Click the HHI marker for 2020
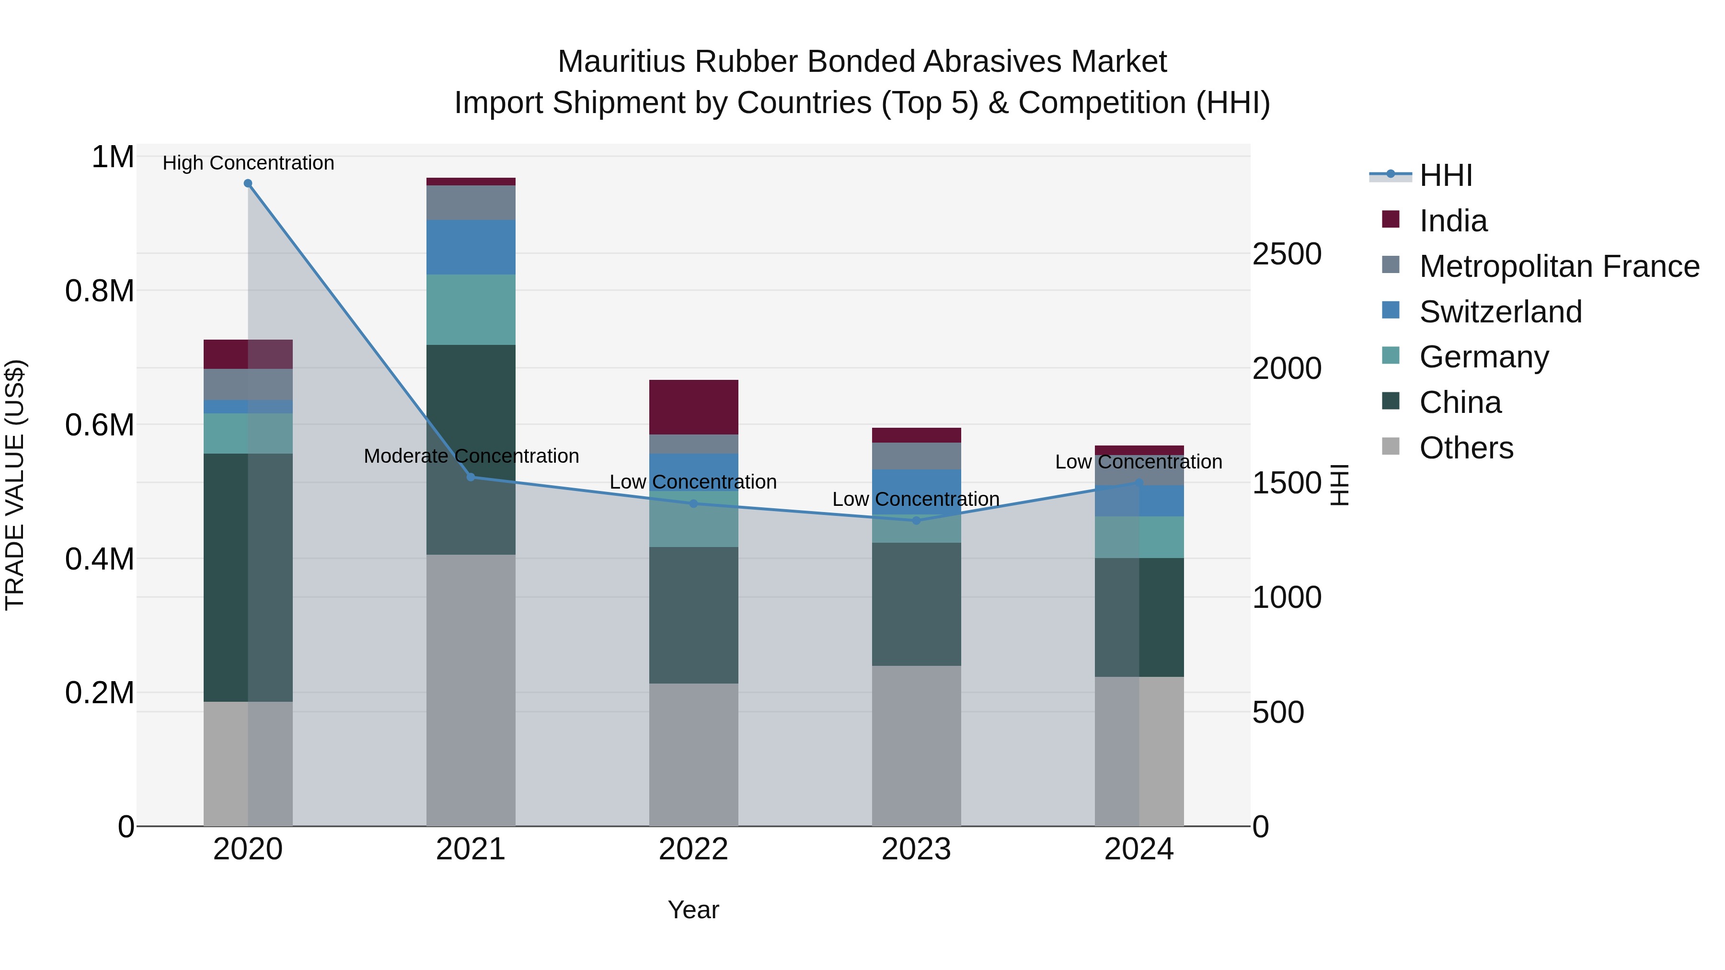pyautogui.click(x=248, y=183)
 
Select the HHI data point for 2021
pyautogui.click(x=471, y=477)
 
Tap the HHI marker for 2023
pyautogui.click(x=916, y=520)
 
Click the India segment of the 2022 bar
pyautogui.click(x=694, y=407)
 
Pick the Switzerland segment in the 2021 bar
pyautogui.click(x=471, y=247)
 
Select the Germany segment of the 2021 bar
pyautogui.click(x=471, y=309)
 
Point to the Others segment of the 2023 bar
pyautogui.click(x=916, y=745)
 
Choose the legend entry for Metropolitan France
pyautogui.click(x=1559, y=266)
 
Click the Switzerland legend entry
pyautogui.click(x=1500, y=312)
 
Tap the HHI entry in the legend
pyautogui.click(x=1445, y=175)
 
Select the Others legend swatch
pyautogui.click(x=1391, y=446)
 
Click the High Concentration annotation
pyautogui.click(x=248, y=163)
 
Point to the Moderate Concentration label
pyautogui.click(x=471, y=456)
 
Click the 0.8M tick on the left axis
pyautogui.click(x=100, y=291)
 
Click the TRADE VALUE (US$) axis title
pyautogui.click(x=15, y=485)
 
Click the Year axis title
pyautogui.click(x=693, y=910)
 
